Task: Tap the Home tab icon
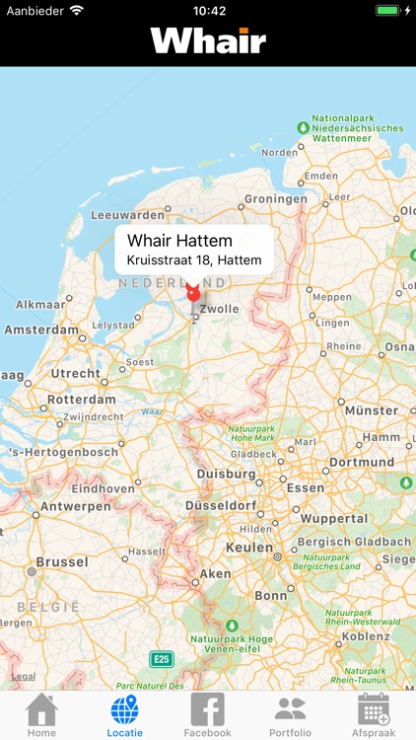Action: (x=41, y=713)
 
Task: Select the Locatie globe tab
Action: (x=124, y=713)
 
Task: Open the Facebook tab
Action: (x=207, y=713)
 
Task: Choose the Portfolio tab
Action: (x=290, y=713)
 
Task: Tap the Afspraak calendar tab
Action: (x=374, y=713)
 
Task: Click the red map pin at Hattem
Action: (x=193, y=292)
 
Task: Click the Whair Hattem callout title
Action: (x=179, y=241)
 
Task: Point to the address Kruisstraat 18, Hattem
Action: (x=194, y=260)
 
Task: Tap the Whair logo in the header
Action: (x=208, y=40)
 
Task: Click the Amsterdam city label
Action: (x=41, y=331)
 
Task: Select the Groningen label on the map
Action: (x=275, y=198)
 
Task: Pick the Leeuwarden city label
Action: (x=127, y=215)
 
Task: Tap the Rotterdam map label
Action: (x=82, y=401)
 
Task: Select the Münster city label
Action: (x=371, y=410)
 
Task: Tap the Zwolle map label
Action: (x=218, y=309)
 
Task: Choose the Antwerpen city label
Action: (x=75, y=506)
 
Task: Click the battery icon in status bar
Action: (x=389, y=11)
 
